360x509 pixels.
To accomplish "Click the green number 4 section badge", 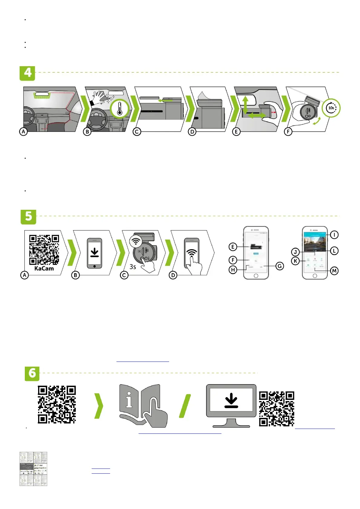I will coord(27,73).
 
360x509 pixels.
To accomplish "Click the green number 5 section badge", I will coord(28,217).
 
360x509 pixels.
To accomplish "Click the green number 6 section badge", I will coord(32,374).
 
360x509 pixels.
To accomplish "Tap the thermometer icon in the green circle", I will coord(119,109).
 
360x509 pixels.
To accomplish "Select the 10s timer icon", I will coord(331,108).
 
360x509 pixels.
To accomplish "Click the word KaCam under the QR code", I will coord(44,268).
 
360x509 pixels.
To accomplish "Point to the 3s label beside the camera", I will coord(133,267).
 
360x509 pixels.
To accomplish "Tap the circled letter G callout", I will coord(280,266).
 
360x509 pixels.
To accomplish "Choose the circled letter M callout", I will coord(334,271).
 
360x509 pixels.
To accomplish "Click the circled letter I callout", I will coord(334,235).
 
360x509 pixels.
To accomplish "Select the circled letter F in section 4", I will coord(288,132).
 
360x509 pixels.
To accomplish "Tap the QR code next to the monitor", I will coord(277,409).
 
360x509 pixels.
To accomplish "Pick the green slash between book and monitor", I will coord(185,406).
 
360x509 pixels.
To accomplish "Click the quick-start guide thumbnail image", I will coord(33,469).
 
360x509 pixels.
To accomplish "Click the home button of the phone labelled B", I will coord(95,266).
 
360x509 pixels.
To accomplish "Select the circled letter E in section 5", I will coord(233,247).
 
